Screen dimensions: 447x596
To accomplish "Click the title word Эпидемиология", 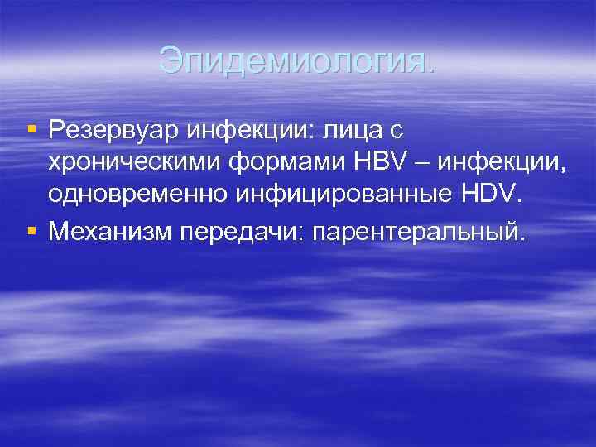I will (296, 60).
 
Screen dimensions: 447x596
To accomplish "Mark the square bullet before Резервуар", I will (31, 130).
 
